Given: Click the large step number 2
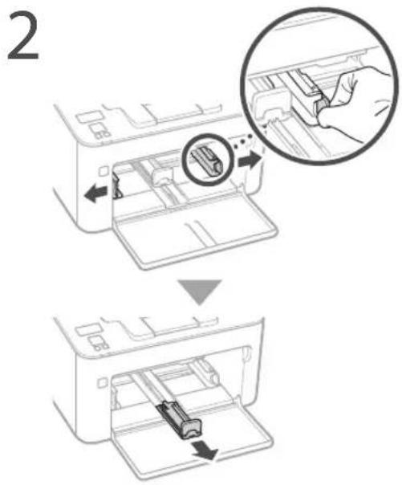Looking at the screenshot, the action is pos(22,37).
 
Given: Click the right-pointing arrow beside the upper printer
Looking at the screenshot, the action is pos(250,160).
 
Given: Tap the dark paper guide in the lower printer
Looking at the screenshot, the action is pos(181,419).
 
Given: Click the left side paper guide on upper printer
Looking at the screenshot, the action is pos(116,185).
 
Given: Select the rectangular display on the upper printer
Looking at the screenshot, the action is pos(87,117).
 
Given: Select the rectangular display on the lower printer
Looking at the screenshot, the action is pos(87,330).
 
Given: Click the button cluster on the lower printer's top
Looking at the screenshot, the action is pos(99,344).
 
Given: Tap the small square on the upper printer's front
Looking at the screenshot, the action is pos(104,171).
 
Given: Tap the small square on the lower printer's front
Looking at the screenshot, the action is pos(102,383).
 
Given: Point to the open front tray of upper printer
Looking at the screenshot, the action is pos(195,235).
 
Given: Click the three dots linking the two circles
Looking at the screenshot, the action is pos(242,140).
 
